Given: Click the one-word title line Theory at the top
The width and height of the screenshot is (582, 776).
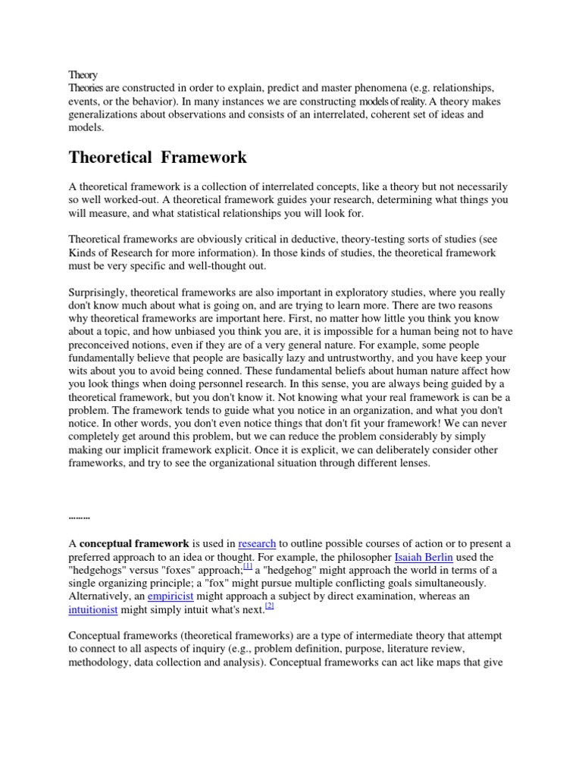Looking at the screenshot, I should [x=83, y=75].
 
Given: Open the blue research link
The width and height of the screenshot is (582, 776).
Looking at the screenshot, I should [x=257, y=543].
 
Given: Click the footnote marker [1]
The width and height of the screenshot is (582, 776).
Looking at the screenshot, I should [x=248, y=568].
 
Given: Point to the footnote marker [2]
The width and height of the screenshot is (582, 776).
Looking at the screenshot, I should [x=269, y=607].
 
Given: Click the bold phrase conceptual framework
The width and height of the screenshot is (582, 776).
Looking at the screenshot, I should [x=135, y=543].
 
